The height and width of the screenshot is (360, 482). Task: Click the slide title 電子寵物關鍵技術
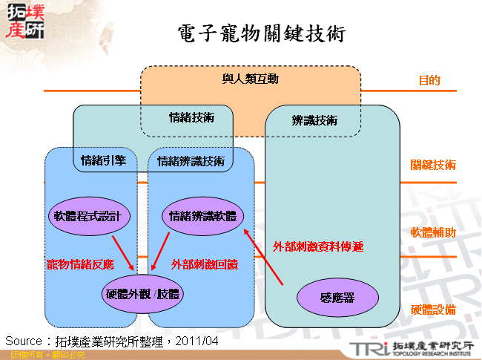(x=261, y=33)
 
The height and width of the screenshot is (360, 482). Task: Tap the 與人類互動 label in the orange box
(x=250, y=79)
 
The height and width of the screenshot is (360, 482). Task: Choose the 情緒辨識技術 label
(x=191, y=160)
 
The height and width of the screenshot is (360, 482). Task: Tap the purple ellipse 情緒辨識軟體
(x=202, y=216)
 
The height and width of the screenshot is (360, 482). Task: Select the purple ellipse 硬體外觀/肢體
(x=142, y=295)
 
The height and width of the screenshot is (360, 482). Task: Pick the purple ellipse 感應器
(x=337, y=298)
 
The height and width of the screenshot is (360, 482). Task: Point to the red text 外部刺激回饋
(x=204, y=264)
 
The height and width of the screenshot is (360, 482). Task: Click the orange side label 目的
(x=429, y=80)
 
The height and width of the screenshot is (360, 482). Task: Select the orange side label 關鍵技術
(x=434, y=165)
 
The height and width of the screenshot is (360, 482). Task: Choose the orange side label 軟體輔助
(x=434, y=232)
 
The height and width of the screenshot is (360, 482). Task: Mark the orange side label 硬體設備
(x=434, y=310)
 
